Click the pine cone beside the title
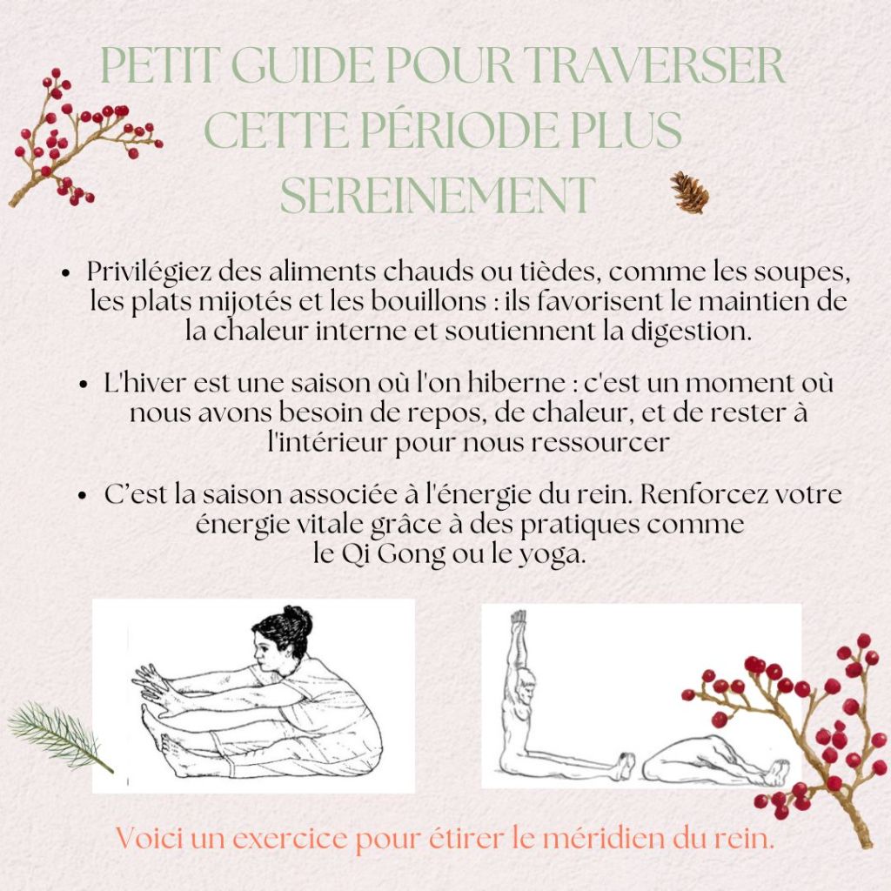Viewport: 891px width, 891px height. coord(689,192)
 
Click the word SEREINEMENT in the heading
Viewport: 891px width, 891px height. coord(438,195)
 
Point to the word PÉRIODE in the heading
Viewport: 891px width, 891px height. coord(459,131)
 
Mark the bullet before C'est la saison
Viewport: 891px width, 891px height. coord(83,495)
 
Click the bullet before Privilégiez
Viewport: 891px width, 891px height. coord(66,273)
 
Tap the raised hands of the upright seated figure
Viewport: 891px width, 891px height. coord(518,619)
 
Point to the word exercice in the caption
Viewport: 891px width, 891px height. coord(289,840)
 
